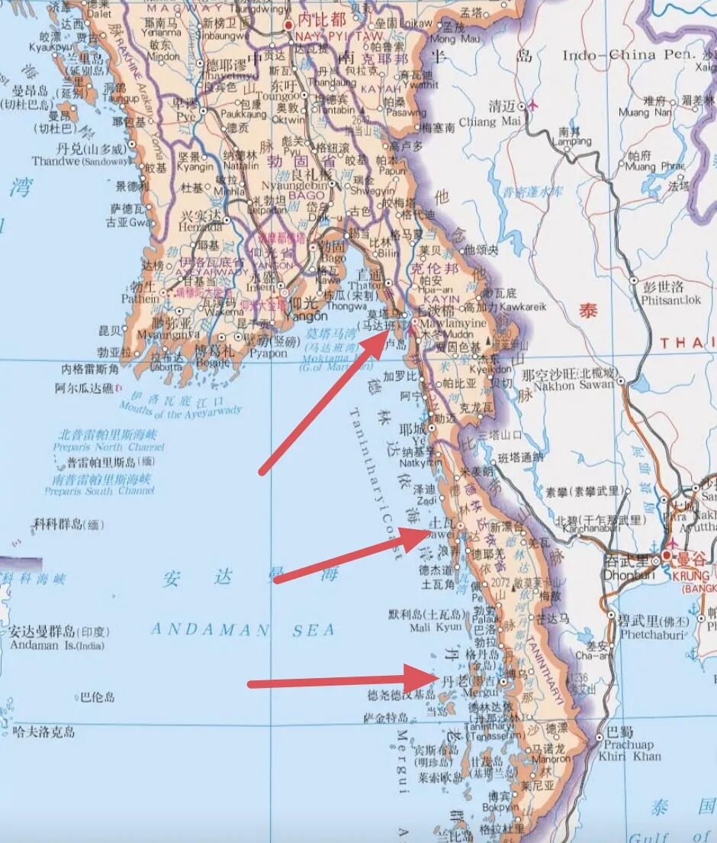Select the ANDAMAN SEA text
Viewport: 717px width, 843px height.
(243, 630)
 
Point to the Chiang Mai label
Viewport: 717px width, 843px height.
(499, 120)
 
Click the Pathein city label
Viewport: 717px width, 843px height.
(143, 299)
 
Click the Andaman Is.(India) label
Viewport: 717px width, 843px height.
(57, 645)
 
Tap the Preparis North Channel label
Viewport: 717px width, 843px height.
(108, 447)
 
